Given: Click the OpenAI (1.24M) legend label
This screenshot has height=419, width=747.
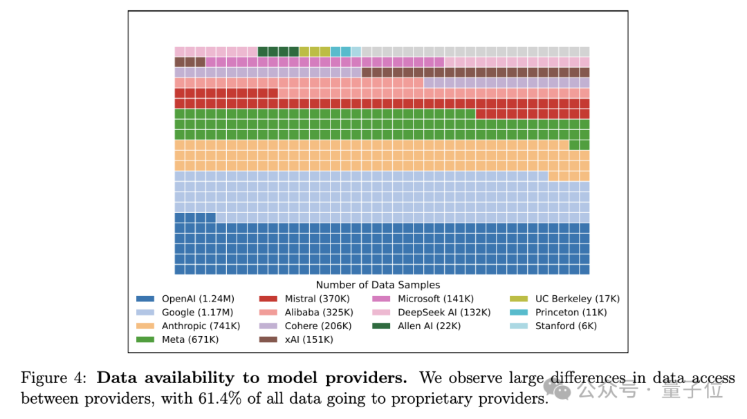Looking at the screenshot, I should tap(198, 299).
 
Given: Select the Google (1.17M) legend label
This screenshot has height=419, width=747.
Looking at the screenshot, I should tap(198, 313).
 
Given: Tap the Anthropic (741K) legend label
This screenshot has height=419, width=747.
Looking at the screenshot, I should tap(201, 326).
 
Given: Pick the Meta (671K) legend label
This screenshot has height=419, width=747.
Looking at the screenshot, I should tap(190, 339).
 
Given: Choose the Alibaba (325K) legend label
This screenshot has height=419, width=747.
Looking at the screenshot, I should tap(318, 313).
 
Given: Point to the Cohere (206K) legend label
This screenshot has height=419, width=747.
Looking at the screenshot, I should tap(318, 326).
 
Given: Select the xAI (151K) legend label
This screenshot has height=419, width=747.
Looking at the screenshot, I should tap(308, 339).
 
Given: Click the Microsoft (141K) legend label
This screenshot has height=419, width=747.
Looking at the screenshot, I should tap(436, 299).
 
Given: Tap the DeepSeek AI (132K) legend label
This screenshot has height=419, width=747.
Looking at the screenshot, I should tap(444, 313).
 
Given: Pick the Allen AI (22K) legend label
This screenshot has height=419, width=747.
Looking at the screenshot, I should tap(429, 326).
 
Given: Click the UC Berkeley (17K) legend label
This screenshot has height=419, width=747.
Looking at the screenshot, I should tap(578, 299).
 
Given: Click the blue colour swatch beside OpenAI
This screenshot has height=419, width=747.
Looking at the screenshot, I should tap(145, 299).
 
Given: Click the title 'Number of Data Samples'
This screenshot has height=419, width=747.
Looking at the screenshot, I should tap(378, 285).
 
